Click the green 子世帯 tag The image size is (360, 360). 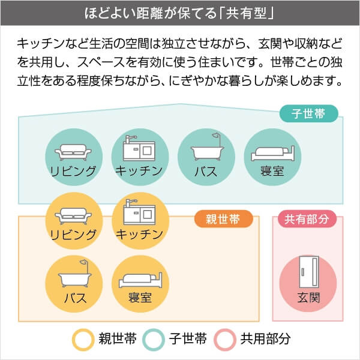pos(309,113)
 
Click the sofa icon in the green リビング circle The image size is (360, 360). pos(73,150)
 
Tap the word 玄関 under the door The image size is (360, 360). pos(308,298)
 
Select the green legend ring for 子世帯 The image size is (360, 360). pos(154,339)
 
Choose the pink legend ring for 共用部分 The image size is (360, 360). pos(226,339)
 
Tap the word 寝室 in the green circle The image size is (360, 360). pos(272,171)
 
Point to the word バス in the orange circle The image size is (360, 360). pos(74,298)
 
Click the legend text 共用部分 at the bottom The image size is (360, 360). pos(266,339)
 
